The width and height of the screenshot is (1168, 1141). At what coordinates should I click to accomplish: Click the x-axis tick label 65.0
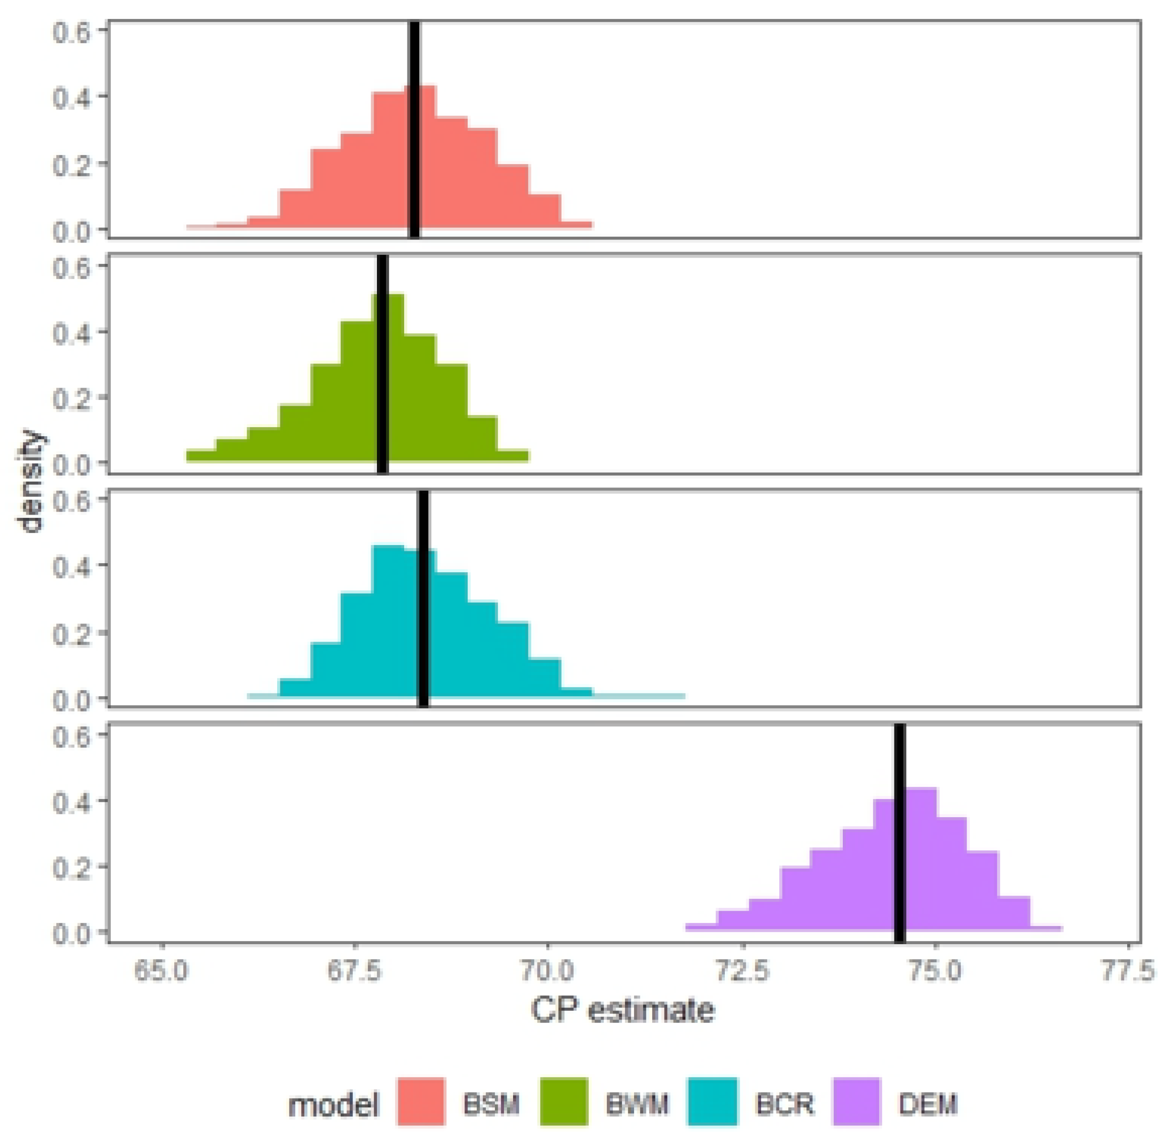(161, 971)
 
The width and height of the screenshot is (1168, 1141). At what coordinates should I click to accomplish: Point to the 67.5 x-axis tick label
(355, 971)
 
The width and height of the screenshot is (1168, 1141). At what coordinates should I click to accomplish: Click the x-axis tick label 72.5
(743, 971)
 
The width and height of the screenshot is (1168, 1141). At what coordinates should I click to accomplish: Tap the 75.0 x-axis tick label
(935, 971)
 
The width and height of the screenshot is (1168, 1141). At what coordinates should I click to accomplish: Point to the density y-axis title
(30, 481)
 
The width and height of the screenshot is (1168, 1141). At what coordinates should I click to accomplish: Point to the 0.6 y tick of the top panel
(71, 31)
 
